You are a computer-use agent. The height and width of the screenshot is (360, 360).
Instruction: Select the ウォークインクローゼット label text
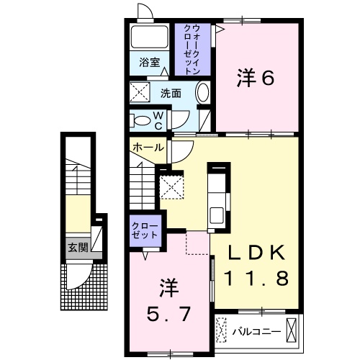click(193, 49)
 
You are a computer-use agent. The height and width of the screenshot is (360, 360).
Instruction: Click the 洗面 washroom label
click(170, 94)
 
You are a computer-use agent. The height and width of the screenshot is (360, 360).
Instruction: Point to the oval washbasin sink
click(202, 94)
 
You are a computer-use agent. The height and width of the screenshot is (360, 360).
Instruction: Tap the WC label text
click(159, 119)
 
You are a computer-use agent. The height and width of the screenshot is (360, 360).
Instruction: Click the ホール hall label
click(147, 147)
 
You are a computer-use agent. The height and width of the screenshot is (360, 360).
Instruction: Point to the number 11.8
click(256, 276)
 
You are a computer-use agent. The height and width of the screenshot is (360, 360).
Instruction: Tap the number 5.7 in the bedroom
click(168, 315)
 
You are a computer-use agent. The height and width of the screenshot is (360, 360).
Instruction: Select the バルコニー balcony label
click(256, 332)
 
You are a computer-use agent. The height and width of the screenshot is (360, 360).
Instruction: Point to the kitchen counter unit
click(217, 194)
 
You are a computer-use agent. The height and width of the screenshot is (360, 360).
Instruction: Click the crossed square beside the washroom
click(138, 92)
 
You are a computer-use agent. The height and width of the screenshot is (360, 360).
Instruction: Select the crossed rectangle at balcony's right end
click(291, 330)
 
